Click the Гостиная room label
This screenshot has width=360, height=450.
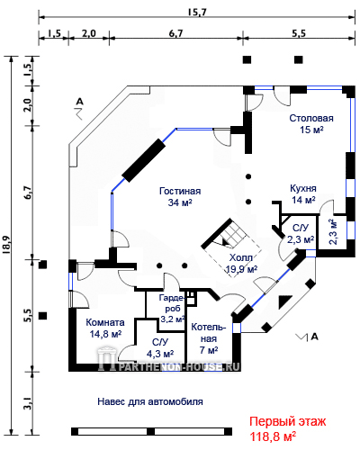tap(180, 191)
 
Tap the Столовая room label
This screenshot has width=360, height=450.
tap(311, 118)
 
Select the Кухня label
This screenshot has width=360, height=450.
tap(303, 188)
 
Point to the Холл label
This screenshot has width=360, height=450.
tap(241, 257)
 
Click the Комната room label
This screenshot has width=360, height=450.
tap(105, 322)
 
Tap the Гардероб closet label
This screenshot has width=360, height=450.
tap(172, 303)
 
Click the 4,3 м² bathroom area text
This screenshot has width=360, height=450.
tap(160, 354)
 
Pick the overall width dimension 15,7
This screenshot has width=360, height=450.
tap(197, 12)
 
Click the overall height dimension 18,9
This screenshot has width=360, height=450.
tap(6, 245)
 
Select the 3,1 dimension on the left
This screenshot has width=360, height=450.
tap(28, 402)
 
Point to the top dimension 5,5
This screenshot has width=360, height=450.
tap(299, 33)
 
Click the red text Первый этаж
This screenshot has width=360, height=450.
tap(288, 421)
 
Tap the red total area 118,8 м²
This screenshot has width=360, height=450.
tap(273, 436)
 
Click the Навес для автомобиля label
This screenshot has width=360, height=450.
tap(150, 401)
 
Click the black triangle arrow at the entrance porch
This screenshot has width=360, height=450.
tap(284, 301)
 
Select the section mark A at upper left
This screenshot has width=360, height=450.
tap(79, 102)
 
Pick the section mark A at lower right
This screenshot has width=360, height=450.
tap(314, 337)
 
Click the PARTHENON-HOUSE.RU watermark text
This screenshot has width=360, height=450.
tap(177, 366)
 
